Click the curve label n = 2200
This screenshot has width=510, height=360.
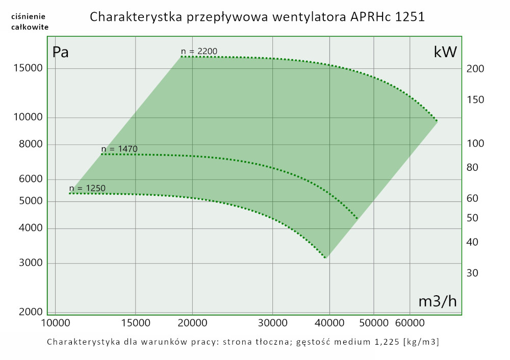(x=199, y=51)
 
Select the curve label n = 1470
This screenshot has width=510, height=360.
(x=119, y=149)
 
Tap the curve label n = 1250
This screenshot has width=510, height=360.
(x=87, y=188)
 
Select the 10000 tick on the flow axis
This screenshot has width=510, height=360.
(x=55, y=323)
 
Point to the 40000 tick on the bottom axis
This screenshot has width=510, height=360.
(x=329, y=323)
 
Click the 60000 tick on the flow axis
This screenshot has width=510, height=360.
(x=410, y=323)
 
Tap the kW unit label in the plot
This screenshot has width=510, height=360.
(x=445, y=52)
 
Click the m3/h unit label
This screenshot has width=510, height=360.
(x=437, y=301)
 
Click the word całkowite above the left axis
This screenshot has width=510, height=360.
(x=30, y=27)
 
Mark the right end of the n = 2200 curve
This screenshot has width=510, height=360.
(x=438, y=121)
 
